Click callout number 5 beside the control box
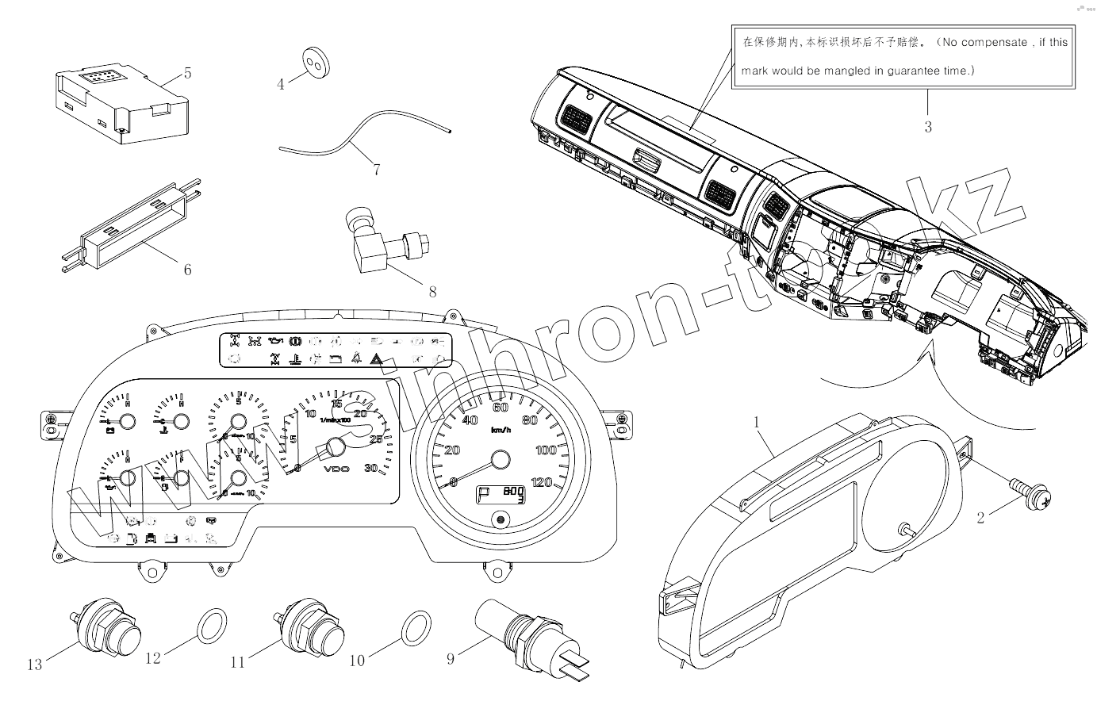pos(187,74)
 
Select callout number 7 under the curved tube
pos(376,169)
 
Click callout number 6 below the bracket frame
pos(187,270)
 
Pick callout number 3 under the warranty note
pos(928,126)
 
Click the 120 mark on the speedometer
pos(542,481)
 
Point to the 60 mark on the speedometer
pos(500,408)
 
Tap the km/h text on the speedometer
pos(501,430)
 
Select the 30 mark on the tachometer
pos(370,468)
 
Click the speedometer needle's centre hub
pos(501,460)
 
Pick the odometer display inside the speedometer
pos(500,495)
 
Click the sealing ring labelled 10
pos(417,626)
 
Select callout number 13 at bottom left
pos(34,665)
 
